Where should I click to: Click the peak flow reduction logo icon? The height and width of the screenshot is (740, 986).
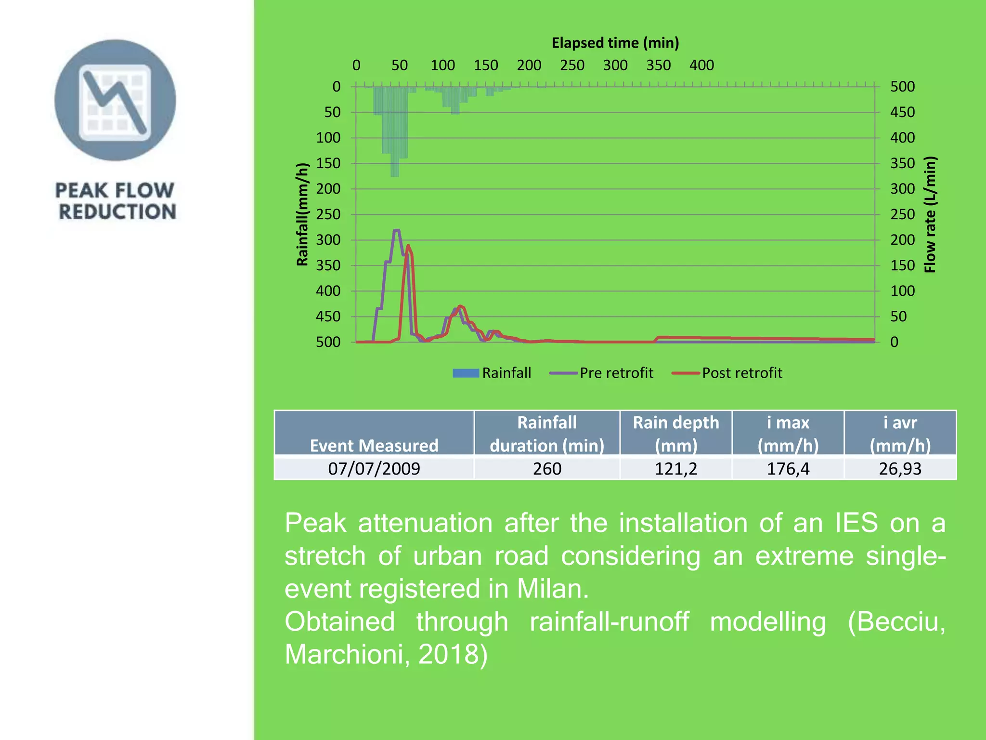115,100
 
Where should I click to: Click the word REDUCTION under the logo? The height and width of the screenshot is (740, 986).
117,212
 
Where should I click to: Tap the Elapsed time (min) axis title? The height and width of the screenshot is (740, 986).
615,43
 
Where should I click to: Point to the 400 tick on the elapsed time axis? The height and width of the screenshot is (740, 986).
701,65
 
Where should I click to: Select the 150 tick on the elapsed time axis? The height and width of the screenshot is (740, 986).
486,65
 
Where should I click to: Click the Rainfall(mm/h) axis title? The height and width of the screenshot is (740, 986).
302,214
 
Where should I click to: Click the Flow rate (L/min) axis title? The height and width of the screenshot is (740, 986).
930,214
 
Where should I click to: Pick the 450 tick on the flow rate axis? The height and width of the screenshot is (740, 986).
902,112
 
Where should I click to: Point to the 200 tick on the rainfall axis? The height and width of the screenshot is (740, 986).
328,189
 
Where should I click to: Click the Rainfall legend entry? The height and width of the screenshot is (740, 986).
492,373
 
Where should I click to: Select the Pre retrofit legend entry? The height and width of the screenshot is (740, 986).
602,373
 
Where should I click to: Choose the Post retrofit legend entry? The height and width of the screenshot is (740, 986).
727,373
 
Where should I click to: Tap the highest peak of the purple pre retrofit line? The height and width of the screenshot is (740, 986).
397,231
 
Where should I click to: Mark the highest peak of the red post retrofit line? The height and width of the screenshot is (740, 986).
408,246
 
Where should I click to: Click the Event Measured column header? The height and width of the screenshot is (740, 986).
374,445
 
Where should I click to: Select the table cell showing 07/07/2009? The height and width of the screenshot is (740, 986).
374,468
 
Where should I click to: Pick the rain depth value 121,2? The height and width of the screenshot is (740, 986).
675,468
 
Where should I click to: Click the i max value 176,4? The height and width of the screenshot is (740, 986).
788,468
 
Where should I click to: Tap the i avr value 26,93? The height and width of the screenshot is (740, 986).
900,468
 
